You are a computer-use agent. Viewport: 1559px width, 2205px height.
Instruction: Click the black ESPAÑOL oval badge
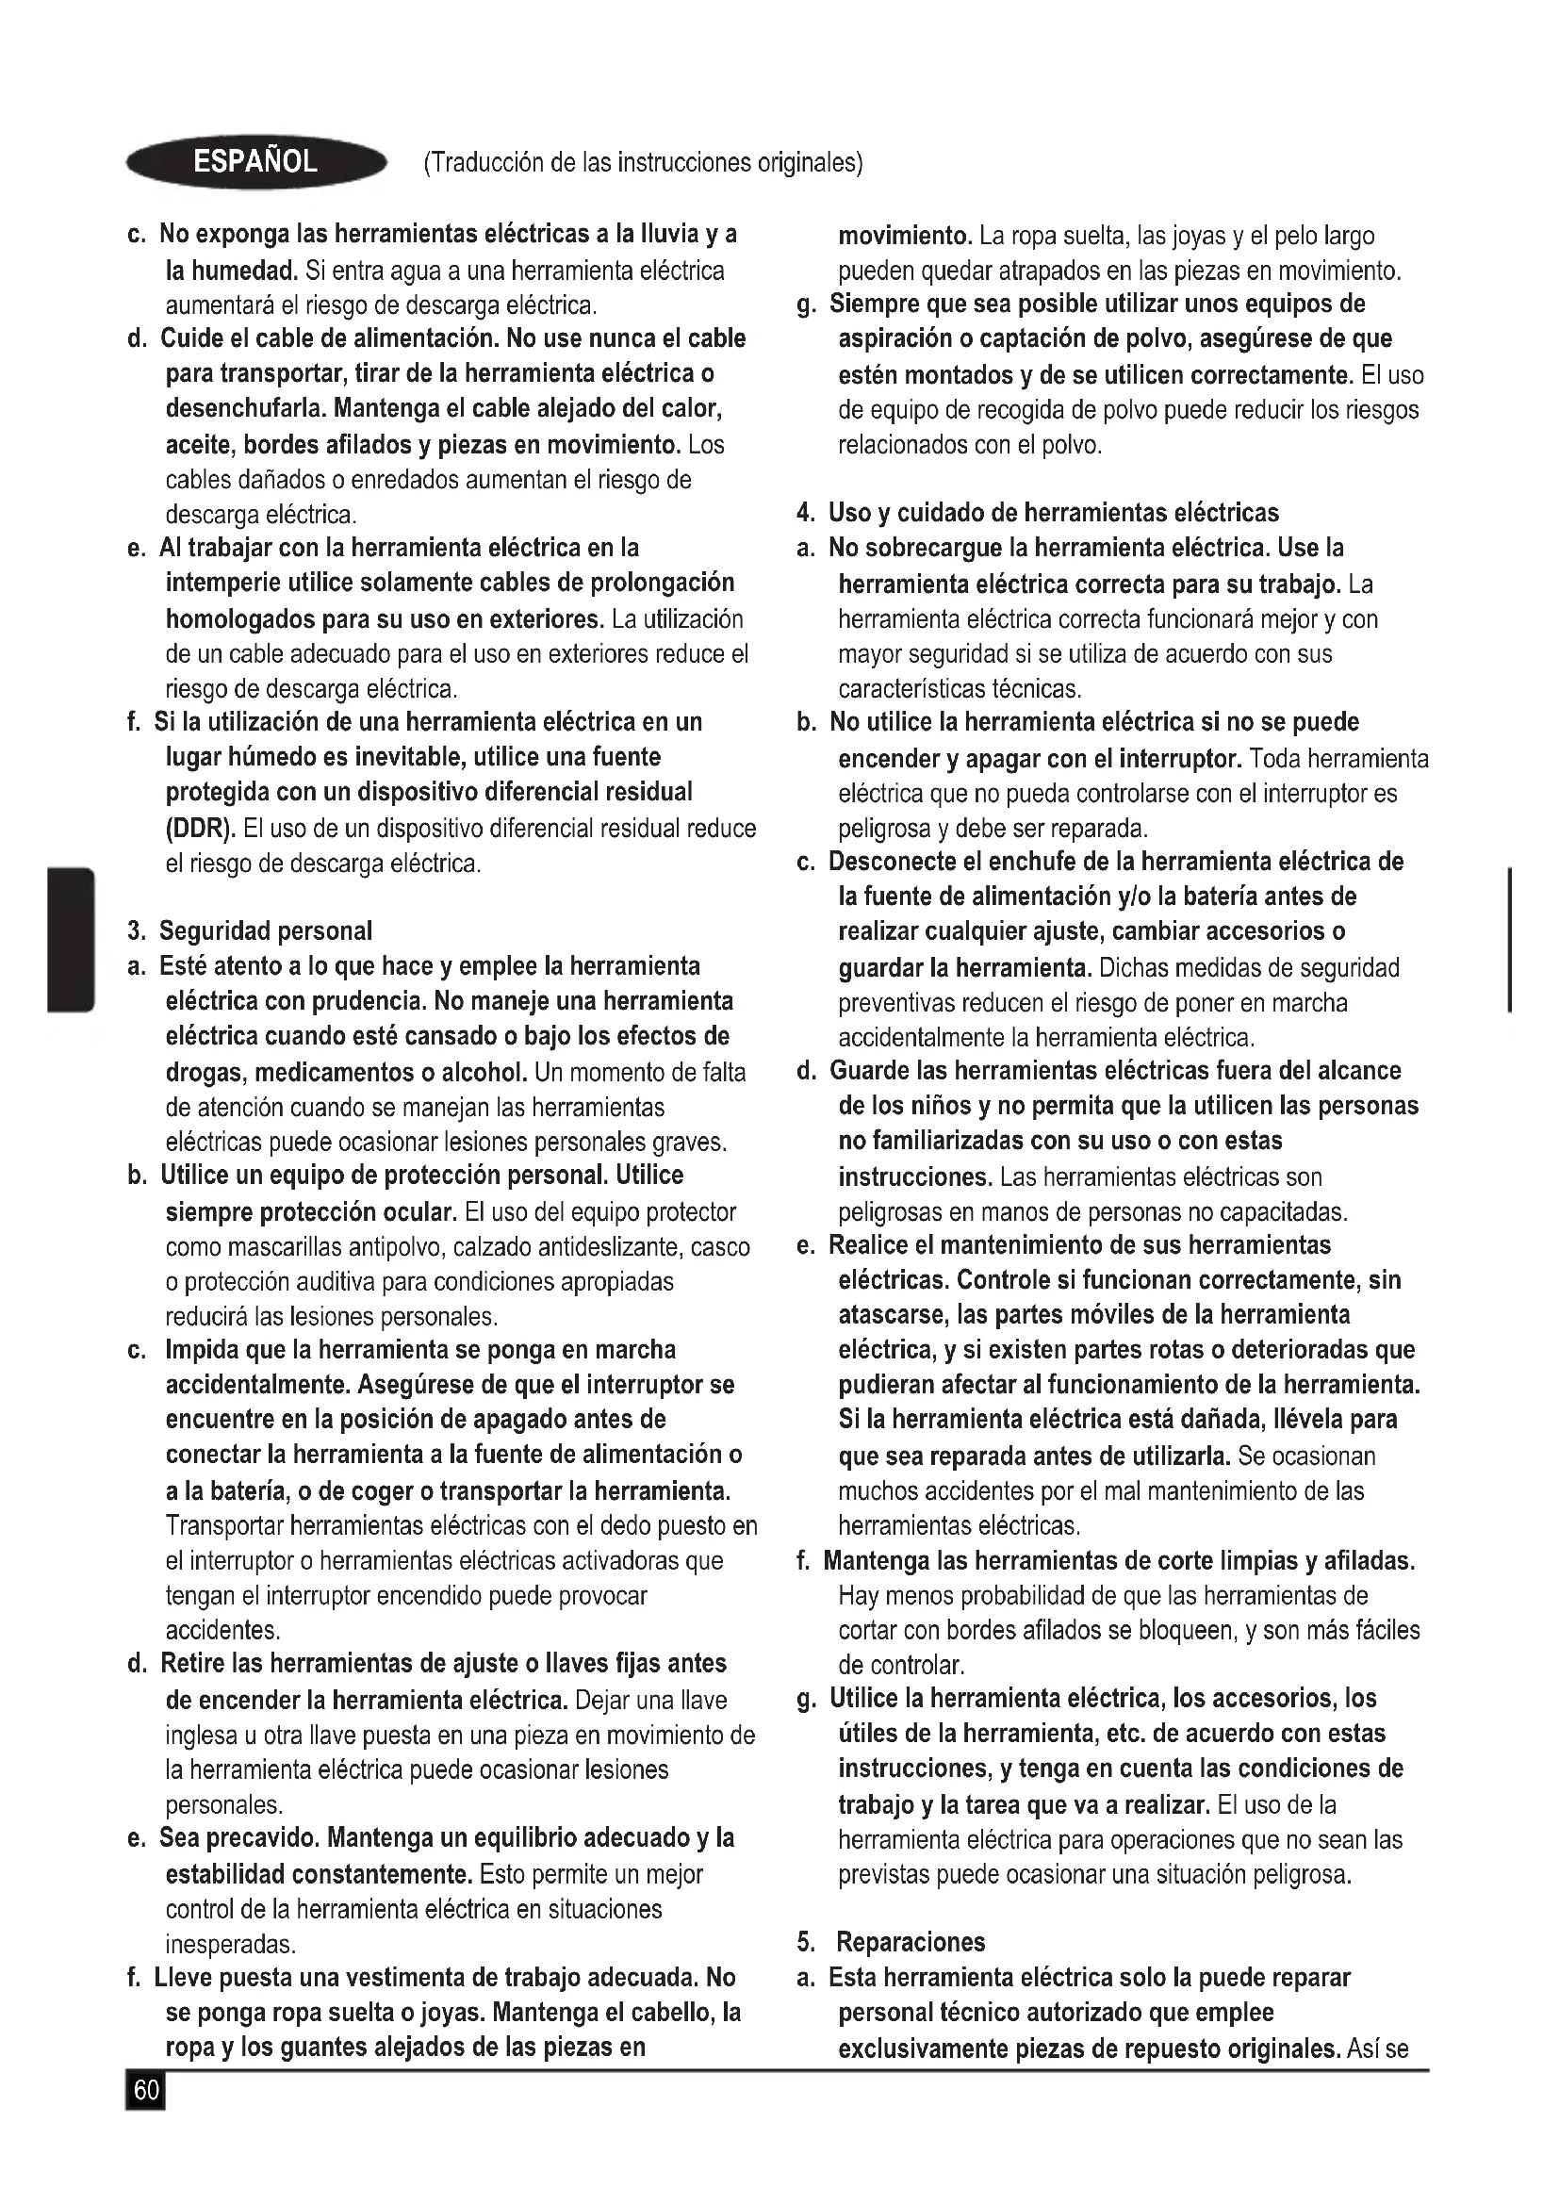click(255, 161)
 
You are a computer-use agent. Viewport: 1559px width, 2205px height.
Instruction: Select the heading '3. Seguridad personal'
click(250, 930)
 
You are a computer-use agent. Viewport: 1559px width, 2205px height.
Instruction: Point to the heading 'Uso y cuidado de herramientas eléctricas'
click(1053, 513)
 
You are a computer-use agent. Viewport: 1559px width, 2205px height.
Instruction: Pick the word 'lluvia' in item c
click(670, 235)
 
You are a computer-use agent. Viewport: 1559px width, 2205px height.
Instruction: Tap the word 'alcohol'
click(483, 1071)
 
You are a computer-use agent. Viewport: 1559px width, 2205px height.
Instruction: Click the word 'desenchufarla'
click(247, 408)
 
